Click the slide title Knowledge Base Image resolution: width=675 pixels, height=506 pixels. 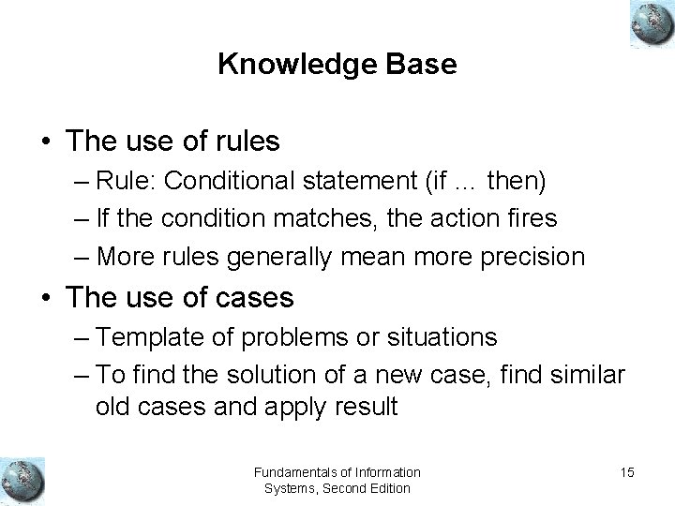(337, 65)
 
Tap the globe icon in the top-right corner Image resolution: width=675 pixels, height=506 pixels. (648, 23)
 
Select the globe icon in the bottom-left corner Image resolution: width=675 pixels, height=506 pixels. (22, 478)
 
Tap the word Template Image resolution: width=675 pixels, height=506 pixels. (143, 336)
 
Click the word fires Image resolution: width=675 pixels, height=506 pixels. (529, 217)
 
